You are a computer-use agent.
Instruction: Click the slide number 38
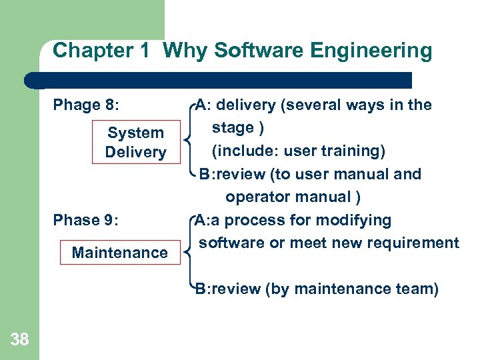tap(20, 340)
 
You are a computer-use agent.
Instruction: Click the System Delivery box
tap(135, 143)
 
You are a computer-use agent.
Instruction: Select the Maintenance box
tap(119, 253)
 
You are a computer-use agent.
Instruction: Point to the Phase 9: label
tap(86, 220)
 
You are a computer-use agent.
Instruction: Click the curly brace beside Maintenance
tap(188, 253)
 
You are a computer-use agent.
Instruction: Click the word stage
tap(233, 127)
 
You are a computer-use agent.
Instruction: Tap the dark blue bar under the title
tap(220, 80)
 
